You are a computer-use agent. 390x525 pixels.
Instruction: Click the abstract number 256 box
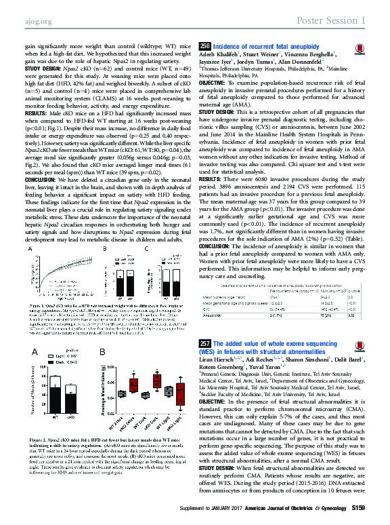(204, 46)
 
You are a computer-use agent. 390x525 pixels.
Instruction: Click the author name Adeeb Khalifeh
(221, 55)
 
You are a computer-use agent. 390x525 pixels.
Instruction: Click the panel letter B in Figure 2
(104, 351)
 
